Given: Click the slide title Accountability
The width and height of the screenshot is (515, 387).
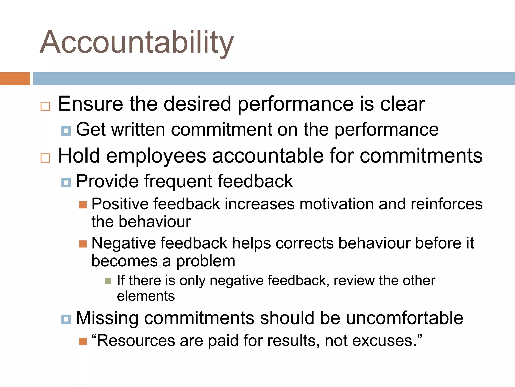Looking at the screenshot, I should click(x=137, y=42).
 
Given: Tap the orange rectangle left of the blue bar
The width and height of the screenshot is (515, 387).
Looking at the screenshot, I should click(x=15, y=79).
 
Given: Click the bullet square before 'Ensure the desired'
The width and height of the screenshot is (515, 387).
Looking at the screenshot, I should click(x=45, y=106).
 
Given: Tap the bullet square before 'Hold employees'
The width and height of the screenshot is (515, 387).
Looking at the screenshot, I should click(x=45, y=158).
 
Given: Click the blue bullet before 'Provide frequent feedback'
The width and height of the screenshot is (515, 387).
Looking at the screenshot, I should click(x=66, y=183).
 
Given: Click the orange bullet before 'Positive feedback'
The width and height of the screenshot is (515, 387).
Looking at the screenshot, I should click(x=83, y=205).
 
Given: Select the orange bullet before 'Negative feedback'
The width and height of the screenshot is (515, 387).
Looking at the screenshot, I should click(x=83, y=244).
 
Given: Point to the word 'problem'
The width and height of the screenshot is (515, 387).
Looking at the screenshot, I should click(x=205, y=261).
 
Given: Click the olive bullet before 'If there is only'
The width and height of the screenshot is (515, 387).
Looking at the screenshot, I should click(x=108, y=281).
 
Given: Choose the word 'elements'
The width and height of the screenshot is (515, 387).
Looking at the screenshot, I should click(x=146, y=296).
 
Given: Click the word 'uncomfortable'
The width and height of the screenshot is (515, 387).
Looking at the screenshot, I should click(x=404, y=318).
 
